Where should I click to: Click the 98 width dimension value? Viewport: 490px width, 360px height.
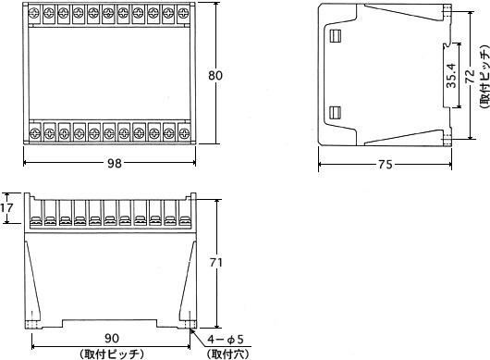[x=114, y=163]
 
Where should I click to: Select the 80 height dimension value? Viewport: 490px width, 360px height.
[x=215, y=75]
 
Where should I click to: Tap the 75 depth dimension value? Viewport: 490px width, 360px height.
[x=385, y=164]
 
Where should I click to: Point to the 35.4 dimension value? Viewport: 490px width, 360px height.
[x=451, y=75]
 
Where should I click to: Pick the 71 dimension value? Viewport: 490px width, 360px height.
[x=216, y=263]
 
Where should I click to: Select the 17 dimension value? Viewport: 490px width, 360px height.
[x=6, y=207]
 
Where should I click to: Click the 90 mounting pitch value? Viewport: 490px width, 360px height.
[x=112, y=338]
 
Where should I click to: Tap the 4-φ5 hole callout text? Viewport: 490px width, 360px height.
[x=226, y=340]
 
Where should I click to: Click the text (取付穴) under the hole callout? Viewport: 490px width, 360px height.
[x=227, y=354]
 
